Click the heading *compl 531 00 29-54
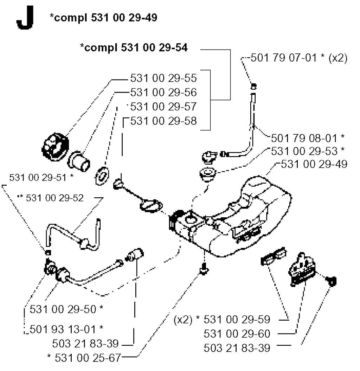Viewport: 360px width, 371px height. (x=134, y=49)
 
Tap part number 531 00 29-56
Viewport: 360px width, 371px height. (x=163, y=92)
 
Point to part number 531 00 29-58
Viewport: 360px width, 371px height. (x=163, y=121)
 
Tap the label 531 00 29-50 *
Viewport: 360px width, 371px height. (x=66, y=309)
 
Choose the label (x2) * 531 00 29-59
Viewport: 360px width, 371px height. (x=222, y=319)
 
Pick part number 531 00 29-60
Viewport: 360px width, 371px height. (x=237, y=333)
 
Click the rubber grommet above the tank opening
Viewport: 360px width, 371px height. (x=208, y=174)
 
